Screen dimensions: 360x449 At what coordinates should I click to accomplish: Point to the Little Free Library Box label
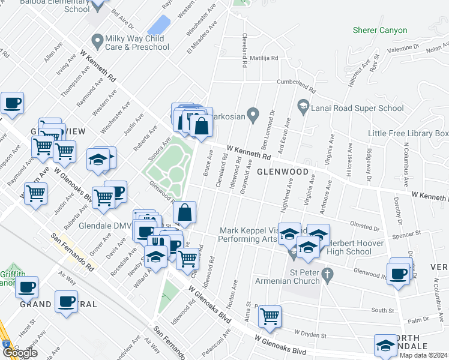coord(408,133)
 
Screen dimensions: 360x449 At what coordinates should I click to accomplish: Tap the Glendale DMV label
coord(105,226)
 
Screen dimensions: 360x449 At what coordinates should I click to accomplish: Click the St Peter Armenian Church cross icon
coord(327,276)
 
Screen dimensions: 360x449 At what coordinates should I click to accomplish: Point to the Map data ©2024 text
coord(424,355)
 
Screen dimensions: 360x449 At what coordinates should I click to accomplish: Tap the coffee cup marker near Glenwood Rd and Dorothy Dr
coord(399,273)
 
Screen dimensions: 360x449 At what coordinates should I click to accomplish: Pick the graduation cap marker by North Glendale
coord(385,344)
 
